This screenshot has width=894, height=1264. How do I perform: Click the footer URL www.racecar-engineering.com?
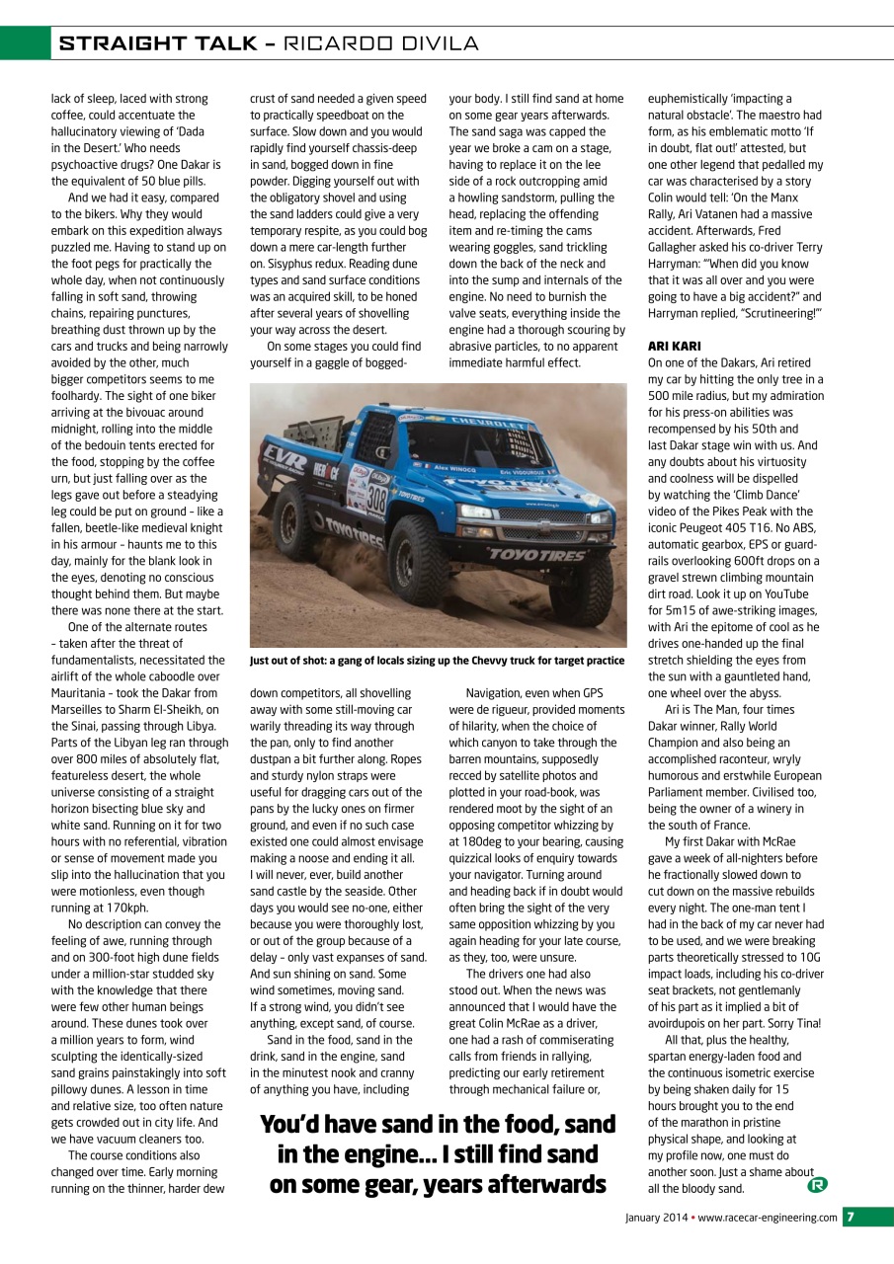pos(768,1218)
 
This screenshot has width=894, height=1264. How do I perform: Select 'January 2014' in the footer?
pos(656,1218)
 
